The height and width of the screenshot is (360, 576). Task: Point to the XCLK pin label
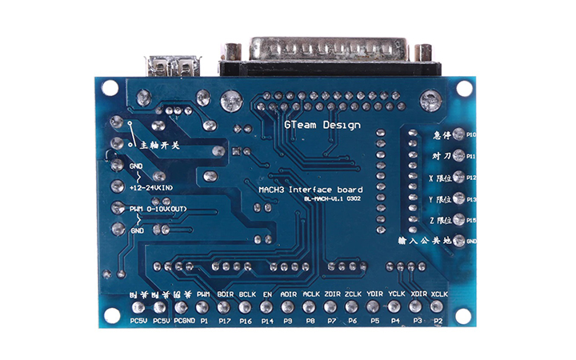(438, 294)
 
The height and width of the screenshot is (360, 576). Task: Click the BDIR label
(225, 294)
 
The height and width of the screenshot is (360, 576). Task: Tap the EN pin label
(267, 294)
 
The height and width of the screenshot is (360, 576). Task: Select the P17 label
(225, 321)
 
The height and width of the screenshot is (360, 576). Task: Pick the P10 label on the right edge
(471, 135)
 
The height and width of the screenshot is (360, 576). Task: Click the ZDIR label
(333, 294)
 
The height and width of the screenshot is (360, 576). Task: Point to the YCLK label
(396, 294)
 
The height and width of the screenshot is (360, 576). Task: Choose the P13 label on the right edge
(471, 199)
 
